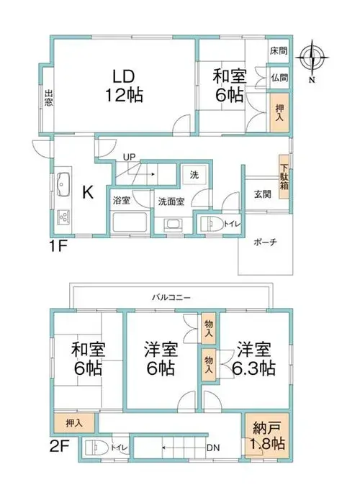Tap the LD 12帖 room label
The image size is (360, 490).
pos(124,86)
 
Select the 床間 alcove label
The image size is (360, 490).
pos(279,50)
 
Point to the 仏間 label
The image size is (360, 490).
pos(279,78)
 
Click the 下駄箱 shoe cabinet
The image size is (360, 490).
pos(284,177)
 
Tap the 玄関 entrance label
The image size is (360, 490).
pos(262,194)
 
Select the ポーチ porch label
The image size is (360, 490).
pos(265,242)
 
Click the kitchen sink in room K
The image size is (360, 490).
pos(63,184)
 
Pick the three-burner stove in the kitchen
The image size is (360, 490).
pos(63,217)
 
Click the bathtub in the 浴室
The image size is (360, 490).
pos(130,222)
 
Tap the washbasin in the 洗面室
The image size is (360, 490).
pos(173,224)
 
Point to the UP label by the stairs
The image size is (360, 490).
pos(129,157)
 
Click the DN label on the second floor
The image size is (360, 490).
pos(213,448)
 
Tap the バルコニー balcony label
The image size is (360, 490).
pos(171,297)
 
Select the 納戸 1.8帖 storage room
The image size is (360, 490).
pos(267,435)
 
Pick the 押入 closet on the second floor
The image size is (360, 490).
pos(74,423)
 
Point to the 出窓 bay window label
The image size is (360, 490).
pos(48,98)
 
